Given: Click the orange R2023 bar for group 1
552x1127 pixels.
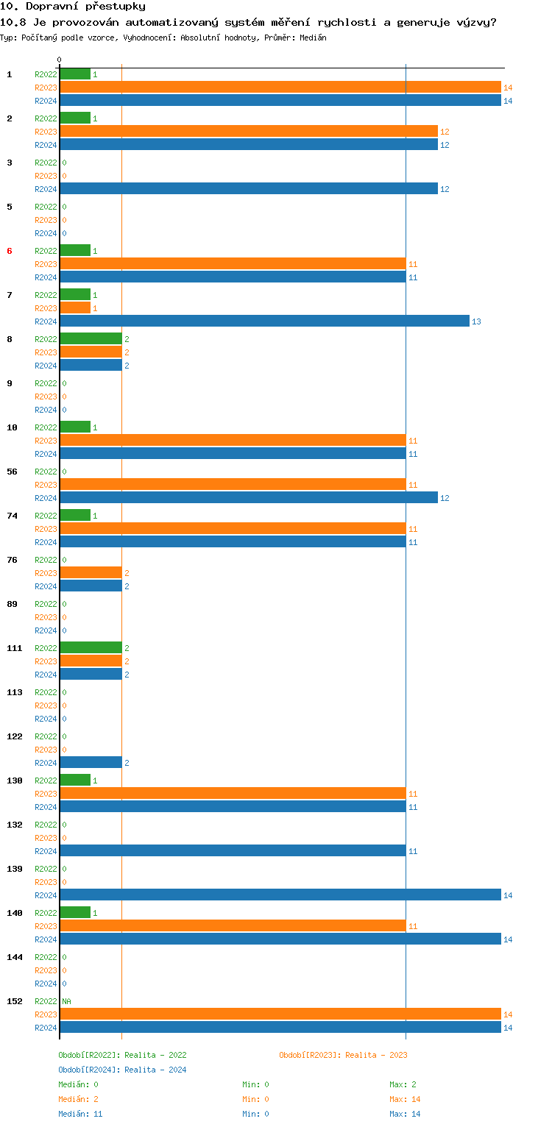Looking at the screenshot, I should [x=280, y=88].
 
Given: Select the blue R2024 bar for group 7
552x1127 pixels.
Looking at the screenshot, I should [x=264, y=321].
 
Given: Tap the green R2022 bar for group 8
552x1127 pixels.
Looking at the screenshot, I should [x=91, y=339].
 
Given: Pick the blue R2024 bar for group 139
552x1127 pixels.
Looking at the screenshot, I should [x=280, y=895].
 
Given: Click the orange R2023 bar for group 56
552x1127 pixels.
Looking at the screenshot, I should [x=233, y=485].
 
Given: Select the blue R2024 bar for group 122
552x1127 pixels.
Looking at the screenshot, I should [x=91, y=763].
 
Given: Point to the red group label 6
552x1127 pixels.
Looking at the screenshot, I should [x=10, y=251].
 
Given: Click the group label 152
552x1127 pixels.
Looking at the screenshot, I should [x=15, y=1001].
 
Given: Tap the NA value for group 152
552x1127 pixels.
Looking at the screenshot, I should [x=66, y=1001].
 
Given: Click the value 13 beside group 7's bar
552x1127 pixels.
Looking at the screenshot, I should [x=476, y=321].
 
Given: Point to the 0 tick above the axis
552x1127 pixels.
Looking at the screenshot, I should [x=60, y=60].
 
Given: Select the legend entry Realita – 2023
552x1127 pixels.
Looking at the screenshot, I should [x=343, y=1055].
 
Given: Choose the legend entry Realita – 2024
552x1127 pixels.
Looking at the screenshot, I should [x=122, y=1070].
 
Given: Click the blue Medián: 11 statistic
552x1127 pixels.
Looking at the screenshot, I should [x=80, y=1114].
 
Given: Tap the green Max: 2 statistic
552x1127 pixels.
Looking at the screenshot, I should [x=406, y=1084].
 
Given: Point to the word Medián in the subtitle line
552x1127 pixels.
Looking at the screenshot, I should [x=313, y=37].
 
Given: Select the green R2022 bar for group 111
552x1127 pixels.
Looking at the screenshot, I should [x=91, y=648].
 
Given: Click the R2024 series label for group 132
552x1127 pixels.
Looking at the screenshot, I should [x=46, y=851].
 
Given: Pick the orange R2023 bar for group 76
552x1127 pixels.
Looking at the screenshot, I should [x=91, y=573].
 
